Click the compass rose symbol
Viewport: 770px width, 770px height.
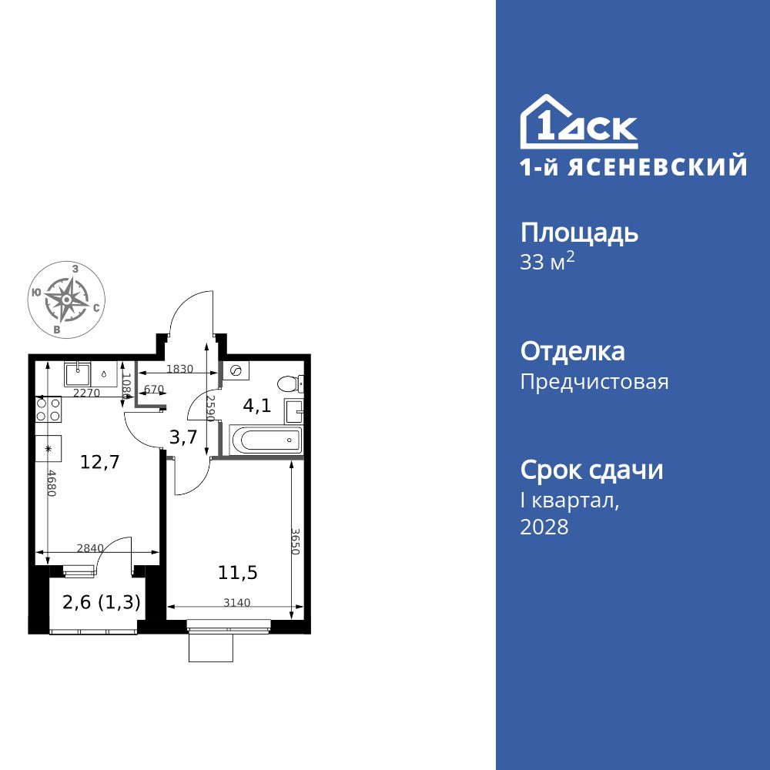pyautogui.click(x=67, y=300)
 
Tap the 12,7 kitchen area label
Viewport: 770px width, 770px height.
pyautogui.click(x=100, y=462)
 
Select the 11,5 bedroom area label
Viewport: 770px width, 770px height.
pyautogui.click(x=237, y=572)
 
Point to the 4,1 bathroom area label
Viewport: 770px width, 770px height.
pyautogui.click(x=257, y=405)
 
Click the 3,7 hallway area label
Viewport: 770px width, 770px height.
pyautogui.click(x=183, y=437)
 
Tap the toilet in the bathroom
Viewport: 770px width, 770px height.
pyautogui.click(x=291, y=383)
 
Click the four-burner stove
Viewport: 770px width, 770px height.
pyautogui.click(x=49, y=409)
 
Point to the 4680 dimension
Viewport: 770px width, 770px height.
pyautogui.click(x=52, y=483)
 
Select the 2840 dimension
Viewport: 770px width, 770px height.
pyautogui.click(x=90, y=548)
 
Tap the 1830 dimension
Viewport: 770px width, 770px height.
pyautogui.click(x=180, y=369)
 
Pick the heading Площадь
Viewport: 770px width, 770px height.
pyautogui.click(x=579, y=233)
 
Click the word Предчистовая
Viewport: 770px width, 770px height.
pyautogui.click(x=594, y=382)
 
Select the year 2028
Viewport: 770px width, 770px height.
pyautogui.click(x=544, y=527)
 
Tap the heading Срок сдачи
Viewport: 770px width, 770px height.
pyautogui.click(x=591, y=470)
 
